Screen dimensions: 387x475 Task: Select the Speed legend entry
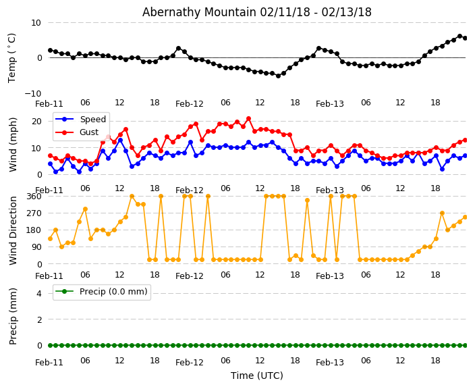(92, 120)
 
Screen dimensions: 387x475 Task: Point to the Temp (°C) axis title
(12, 57)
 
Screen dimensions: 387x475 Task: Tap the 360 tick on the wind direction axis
(33, 196)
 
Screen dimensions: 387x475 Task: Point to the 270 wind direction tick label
(33, 213)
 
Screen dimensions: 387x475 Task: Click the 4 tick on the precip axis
(38, 293)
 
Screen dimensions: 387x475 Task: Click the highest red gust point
(248, 119)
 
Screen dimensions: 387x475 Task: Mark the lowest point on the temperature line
(278, 76)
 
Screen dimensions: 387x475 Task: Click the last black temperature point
(465, 38)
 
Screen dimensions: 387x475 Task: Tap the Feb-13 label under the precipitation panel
(330, 363)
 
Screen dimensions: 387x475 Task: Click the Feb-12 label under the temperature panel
(190, 104)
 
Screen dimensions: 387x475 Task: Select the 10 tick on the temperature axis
(36, 22)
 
